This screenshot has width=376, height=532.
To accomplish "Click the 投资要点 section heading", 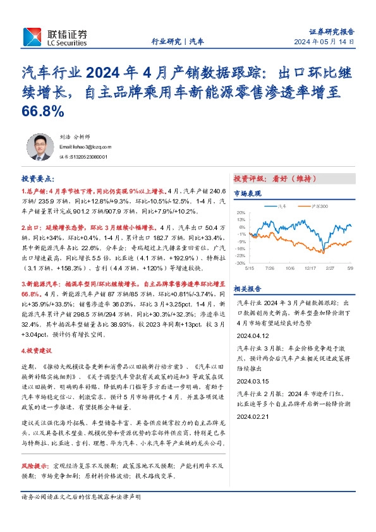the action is [x=38, y=179].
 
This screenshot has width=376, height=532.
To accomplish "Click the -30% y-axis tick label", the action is [x=240, y=263].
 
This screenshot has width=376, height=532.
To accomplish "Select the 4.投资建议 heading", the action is [x=39, y=350].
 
